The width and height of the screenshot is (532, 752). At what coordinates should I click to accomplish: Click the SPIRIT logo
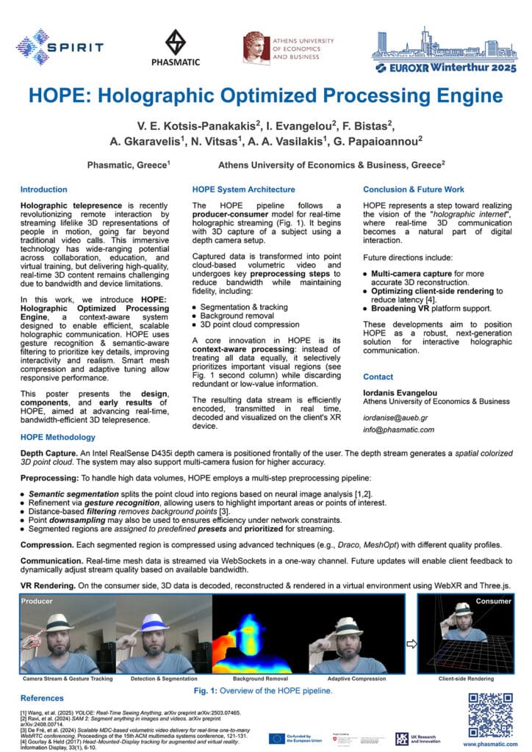click(x=60, y=47)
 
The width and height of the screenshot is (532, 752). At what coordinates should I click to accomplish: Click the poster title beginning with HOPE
click(x=266, y=96)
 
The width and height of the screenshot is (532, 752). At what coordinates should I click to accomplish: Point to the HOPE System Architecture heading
click(x=243, y=189)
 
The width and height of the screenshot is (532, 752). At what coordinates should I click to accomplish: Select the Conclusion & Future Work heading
click(x=413, y=189)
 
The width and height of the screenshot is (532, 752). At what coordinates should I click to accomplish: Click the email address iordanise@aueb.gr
click(x=398, y=416)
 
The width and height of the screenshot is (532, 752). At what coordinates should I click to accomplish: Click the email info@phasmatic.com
click(x=399, y=430)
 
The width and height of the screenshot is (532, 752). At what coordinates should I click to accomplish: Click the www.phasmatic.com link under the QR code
click(x=489, y=744)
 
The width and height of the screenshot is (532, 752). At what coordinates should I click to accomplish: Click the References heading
click(x=42, y=698)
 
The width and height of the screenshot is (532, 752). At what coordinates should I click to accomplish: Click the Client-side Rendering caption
click(x=466, y=679)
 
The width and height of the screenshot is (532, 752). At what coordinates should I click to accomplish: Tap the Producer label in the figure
click(x=37, y=601)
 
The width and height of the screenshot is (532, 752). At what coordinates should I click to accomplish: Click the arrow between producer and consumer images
click(x=411, y=644)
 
